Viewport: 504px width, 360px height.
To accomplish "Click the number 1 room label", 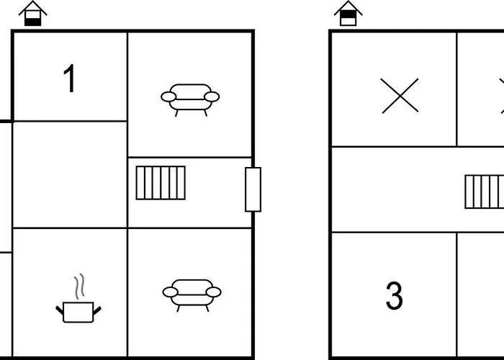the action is pos(69,78).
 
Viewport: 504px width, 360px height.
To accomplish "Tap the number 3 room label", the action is pos(394,296).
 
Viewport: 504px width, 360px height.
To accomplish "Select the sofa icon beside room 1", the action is pos(190,100).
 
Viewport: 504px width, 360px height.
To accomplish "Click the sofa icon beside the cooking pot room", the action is pos(192,295).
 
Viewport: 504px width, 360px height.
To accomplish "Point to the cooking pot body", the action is pos(78,312).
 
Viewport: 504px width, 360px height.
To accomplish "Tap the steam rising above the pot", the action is pos(79,287).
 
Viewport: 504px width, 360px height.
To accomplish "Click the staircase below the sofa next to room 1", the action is pos(161,183).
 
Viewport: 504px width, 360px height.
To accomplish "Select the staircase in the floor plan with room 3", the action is pos(485,192).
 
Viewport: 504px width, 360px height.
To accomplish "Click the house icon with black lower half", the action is pos(33,14).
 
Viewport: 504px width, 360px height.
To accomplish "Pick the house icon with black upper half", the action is pos(348,14).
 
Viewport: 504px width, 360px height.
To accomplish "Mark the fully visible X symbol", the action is pos(400,96).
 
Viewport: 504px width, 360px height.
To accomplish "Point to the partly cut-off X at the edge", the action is pos(502,96).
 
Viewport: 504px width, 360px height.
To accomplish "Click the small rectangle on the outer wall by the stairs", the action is pos(253,189).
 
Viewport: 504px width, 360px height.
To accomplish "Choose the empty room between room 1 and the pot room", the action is pos(70,174).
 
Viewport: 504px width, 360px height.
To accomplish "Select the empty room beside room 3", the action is pos(480,294).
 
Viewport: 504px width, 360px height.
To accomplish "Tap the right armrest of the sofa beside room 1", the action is pos(212,96).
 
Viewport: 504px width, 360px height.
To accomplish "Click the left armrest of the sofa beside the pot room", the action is pos(171,292).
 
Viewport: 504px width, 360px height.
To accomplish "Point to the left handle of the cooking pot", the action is pos(60,310).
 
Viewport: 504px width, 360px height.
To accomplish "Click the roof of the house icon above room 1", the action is pos(33,8).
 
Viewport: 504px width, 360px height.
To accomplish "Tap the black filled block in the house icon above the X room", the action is pos(348,14).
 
